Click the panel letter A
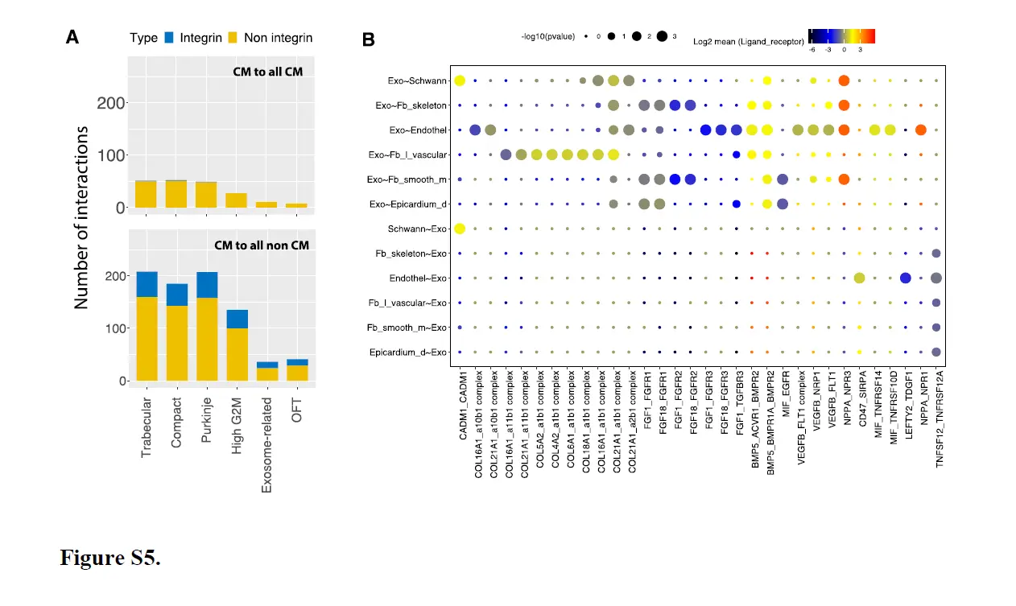pos(72,37)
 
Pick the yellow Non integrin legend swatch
pos(232,37)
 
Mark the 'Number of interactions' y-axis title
pos(81,217)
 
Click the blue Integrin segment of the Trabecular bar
pos(146,284)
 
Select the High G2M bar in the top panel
pos(236,200)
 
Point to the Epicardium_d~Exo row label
pos(410,352)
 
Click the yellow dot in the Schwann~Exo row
pos(460,229)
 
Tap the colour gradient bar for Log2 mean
pos(841,35)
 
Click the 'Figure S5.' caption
pos(110,558)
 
